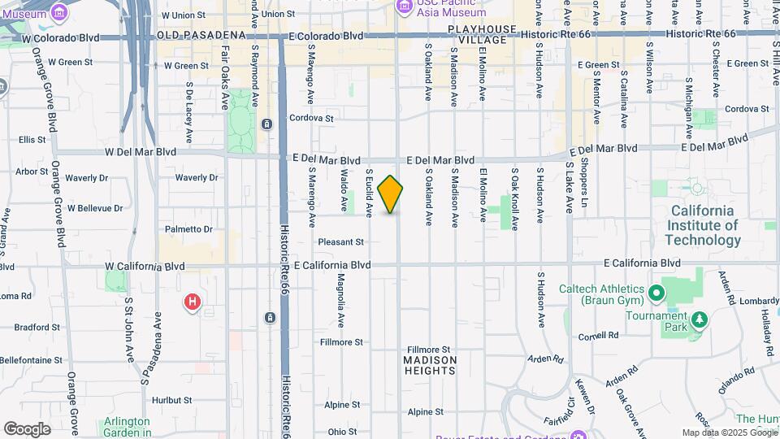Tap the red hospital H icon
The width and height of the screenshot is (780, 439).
tap(193, 303)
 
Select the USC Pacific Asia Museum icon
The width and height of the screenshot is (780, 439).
tap(405, 7)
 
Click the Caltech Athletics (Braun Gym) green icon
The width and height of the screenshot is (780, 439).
tap(656, 290)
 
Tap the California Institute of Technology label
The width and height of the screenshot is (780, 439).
tap(703, 225)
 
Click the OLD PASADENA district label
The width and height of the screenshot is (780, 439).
tap(201, 36)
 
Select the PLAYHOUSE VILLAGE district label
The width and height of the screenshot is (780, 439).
tap(482, 34)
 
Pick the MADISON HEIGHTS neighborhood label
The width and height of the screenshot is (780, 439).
tap(430, 365)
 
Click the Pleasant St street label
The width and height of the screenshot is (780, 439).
tap(340, 242)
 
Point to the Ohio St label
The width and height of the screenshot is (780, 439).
tap(342, 432)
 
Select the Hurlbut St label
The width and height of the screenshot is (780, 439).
tap(171, 400)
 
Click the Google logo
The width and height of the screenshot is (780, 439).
tap(27, 429)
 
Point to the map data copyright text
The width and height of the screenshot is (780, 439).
tap(729, 432)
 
